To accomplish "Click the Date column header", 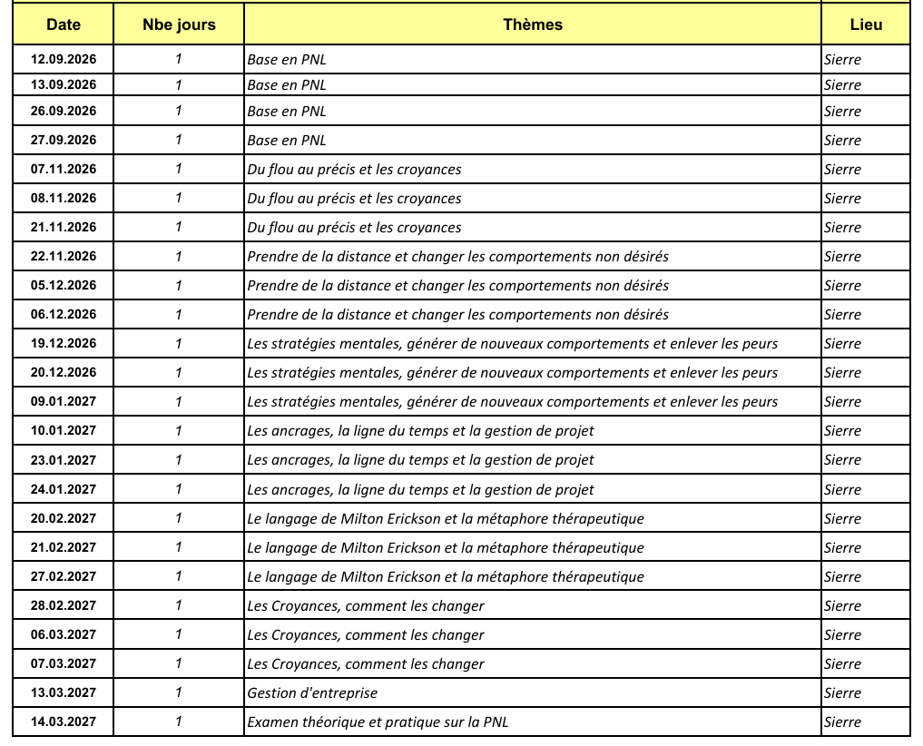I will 64,25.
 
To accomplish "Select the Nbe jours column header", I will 179,25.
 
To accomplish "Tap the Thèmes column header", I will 533,25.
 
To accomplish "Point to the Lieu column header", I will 865,25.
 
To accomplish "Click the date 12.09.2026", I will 64,59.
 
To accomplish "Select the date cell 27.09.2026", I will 64,140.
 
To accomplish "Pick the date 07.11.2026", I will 64,169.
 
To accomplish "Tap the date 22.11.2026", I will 64,256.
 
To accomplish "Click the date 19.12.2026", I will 64,343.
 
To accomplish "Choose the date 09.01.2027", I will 64,401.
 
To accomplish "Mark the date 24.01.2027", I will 64,489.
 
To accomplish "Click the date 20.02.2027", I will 64,518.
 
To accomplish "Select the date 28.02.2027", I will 64,605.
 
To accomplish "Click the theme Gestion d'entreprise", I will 312,693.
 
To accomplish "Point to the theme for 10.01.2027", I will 420,431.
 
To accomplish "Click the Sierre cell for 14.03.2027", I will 842,722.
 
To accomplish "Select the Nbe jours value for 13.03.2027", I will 179,693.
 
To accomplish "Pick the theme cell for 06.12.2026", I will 457,314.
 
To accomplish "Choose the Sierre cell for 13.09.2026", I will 842,85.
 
